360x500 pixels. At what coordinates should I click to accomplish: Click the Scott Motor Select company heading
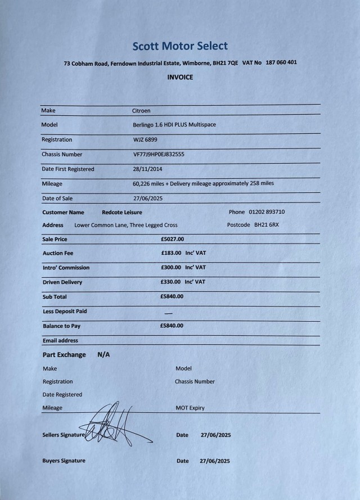pos(180,46)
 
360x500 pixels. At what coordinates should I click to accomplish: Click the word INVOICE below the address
pos(180,77)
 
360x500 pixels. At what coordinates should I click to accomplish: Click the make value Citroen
pos(141,111)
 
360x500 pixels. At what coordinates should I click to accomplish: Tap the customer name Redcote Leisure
pos(121,212)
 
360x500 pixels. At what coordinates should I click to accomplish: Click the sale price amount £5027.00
pos(172,239)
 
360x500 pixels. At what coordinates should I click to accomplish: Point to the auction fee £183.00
pos(171,253)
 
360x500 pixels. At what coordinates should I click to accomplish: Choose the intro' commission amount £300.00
pos(171,268)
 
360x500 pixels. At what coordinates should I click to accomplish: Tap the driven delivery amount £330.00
pos(171,282)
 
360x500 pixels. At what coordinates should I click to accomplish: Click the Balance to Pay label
pos(61,326)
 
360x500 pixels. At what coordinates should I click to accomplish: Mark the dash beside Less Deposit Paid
pos(168,313)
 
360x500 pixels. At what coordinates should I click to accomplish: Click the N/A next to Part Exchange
pos(103,355)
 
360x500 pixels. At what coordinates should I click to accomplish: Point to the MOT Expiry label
pos(190,408)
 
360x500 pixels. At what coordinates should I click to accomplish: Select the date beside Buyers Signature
pos(215,461)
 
